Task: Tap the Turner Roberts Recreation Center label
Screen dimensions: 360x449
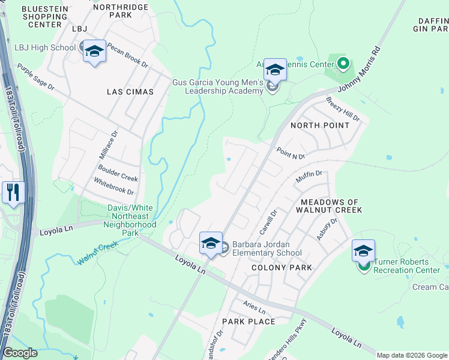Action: [x=409, y=266]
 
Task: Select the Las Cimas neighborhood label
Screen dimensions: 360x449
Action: [x=130, y=92]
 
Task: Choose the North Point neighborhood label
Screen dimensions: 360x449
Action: [x=319, y=125]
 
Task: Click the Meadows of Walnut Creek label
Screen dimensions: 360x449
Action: [x=331, y=206]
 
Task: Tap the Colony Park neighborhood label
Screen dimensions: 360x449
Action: [x=282, y=268]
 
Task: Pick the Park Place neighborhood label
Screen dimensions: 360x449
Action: [x=249, y=322]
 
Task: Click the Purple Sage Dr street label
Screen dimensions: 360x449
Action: [x=35, y=77]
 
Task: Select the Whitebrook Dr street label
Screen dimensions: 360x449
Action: [x=114, y=185]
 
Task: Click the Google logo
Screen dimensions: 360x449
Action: [x=20, y=353]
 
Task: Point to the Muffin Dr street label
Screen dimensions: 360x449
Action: [x=310, y=178]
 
